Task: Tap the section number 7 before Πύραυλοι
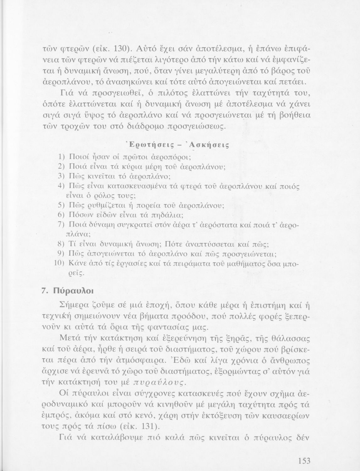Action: point(44,290)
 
